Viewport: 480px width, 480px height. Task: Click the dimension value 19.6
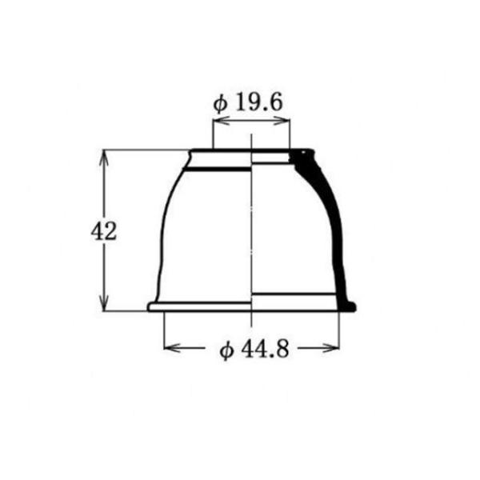(x=258, y=102)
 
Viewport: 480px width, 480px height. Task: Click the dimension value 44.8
(x=265, y=350)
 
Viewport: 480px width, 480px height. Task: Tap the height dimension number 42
(x=104, y=231)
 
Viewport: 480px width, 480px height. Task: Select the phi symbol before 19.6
(x=221, y=104)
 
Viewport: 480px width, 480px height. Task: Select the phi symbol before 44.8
(x=226, y=350)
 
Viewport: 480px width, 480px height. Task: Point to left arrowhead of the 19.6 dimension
(x=221, y=120)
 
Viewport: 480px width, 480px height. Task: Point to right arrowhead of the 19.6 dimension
(x=282, y=120)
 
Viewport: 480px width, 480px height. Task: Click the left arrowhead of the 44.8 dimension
(x=172, y=348)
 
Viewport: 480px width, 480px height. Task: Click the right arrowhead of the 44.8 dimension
(x=331, y=348)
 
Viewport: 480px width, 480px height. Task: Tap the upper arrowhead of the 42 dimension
(x=104, y=158)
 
